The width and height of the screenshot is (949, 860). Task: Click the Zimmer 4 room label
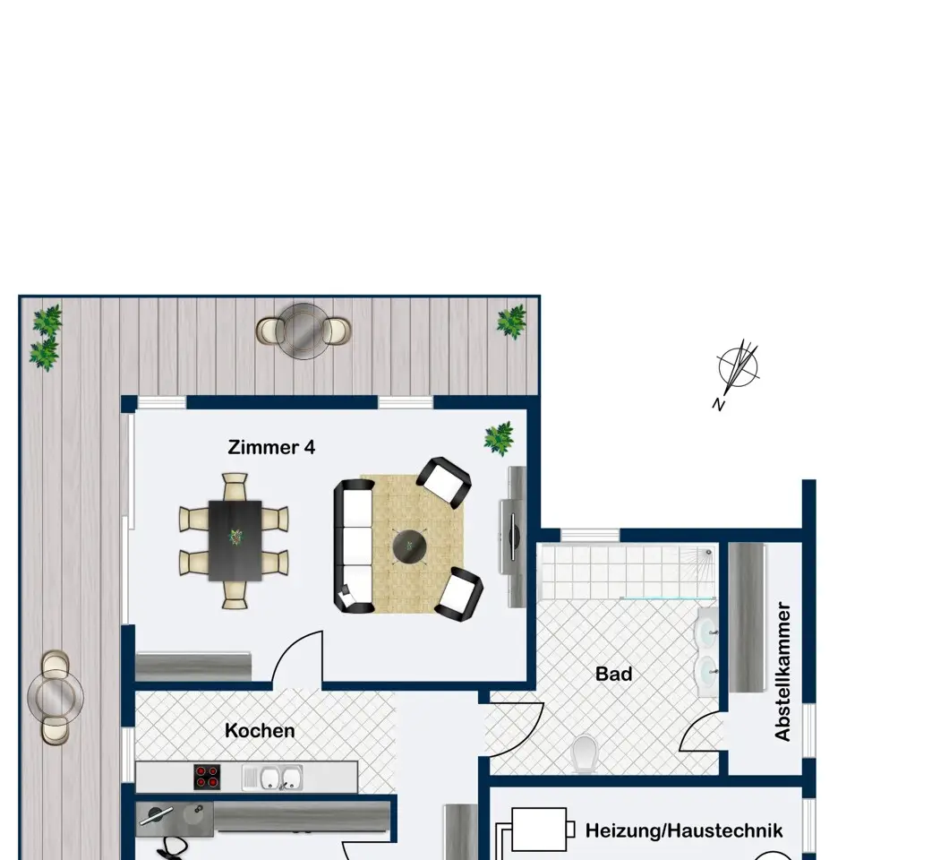(271, 447)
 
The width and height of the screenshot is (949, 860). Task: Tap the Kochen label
(260, 730)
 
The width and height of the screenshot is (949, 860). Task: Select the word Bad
(613, 674)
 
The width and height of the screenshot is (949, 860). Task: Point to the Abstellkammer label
(782, 671)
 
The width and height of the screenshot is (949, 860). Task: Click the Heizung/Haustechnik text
(684, 830)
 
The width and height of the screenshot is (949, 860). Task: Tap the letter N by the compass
(718, 405)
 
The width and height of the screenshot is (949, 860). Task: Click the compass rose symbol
(739, 367)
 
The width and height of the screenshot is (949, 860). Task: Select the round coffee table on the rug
(409, 546)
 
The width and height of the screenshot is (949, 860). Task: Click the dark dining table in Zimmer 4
(235, 540)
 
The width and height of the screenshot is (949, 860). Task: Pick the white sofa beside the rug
(354, 546)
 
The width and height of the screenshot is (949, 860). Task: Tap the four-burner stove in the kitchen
(207, 777)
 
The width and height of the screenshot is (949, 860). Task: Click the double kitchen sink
(273, 778)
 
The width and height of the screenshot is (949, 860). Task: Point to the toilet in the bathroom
(585, 754)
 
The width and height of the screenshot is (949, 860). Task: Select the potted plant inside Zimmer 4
(500, 438)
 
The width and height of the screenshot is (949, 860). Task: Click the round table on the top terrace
(304, 331)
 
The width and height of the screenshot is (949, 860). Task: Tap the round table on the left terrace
(56, 697)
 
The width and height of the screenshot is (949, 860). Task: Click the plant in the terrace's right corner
(511, 321)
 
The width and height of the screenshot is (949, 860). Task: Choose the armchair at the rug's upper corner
(444, 482)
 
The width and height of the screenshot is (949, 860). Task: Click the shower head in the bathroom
(708, 553)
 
